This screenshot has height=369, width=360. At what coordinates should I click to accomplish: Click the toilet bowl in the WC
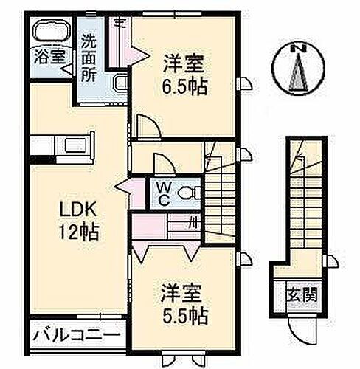pyautogui.click(x=190, y=194)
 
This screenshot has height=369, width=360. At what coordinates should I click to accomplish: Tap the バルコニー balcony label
pyautogui.click(x=77, y=336)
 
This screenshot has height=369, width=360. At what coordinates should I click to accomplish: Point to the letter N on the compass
pyautogui.click(x=300, y=49)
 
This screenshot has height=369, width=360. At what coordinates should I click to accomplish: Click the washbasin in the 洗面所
pyautogui.click(x=121, y=83)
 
